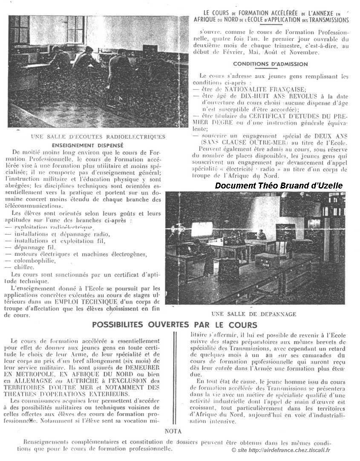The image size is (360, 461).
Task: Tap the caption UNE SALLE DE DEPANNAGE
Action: coord(253,314)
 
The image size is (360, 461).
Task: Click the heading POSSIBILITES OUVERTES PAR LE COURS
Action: coord(175,325)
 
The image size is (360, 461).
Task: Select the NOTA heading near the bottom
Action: coord(173,432)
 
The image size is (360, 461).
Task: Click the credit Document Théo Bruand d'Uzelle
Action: coord(285,186)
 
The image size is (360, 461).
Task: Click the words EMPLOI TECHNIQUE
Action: coord(91,302)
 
